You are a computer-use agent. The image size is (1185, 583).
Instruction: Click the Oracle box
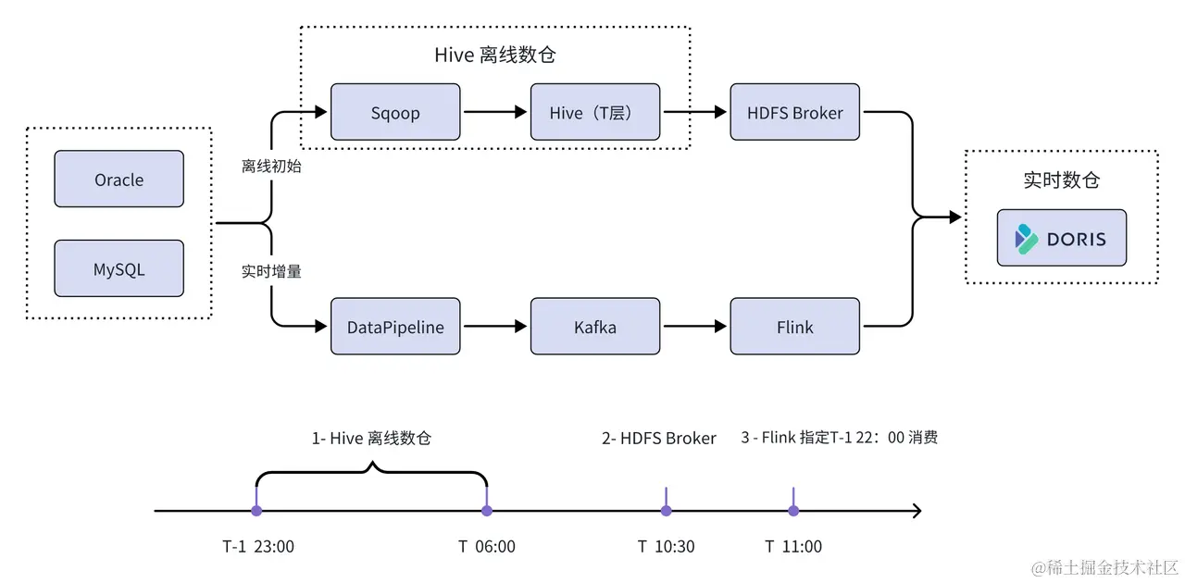(x=118, y=180)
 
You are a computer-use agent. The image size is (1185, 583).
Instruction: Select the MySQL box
(x=118, y=269)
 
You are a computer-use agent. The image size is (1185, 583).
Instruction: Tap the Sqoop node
(x=395, y=113)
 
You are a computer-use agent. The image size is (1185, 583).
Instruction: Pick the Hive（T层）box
(x=594, y=113)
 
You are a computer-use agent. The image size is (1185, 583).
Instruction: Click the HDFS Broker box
(x=794, y=113)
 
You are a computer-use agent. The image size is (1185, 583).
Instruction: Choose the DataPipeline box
(x=395, y=327)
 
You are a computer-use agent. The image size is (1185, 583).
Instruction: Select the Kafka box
(x=594, y=327)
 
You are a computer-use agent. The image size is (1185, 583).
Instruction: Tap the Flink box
(x=794, y=327)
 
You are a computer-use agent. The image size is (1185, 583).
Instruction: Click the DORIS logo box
(x=1061, y=239)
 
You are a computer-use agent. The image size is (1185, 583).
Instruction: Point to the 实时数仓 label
(x=1061, y=180)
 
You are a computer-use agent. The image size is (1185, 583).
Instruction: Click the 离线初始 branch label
(x=271, y=167)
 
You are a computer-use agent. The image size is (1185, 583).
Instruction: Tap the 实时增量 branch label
(x=271, y=272)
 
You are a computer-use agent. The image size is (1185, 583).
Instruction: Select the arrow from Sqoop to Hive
(x=494, y=113)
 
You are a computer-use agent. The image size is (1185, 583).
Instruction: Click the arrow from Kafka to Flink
(x=694, y=327)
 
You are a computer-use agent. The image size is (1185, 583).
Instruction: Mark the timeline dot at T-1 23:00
(x=256, y=510)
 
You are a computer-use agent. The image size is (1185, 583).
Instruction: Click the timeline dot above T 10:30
(x=666, y=510)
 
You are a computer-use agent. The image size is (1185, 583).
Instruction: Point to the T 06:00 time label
(x=486, y=547)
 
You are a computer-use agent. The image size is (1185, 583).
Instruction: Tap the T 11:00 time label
(x=793, y=547)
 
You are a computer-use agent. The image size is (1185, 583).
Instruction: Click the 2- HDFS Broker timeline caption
(x=658, y=439)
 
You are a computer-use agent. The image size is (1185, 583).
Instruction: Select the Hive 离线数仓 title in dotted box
(x=494, y=56)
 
